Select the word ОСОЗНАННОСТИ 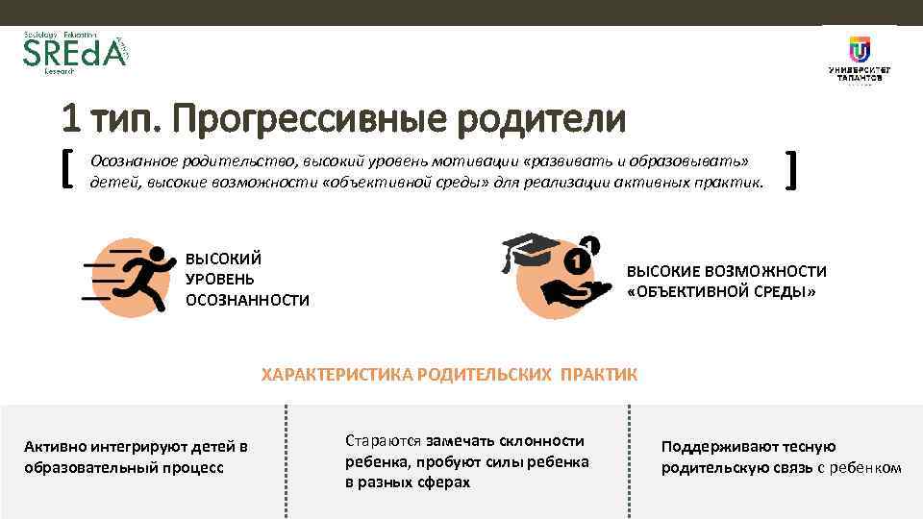pos(247,301)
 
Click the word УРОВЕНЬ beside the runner pos(219,280)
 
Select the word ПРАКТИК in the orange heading pos(602,374)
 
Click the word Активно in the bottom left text pos(54,447)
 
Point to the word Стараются pos(383,441)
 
